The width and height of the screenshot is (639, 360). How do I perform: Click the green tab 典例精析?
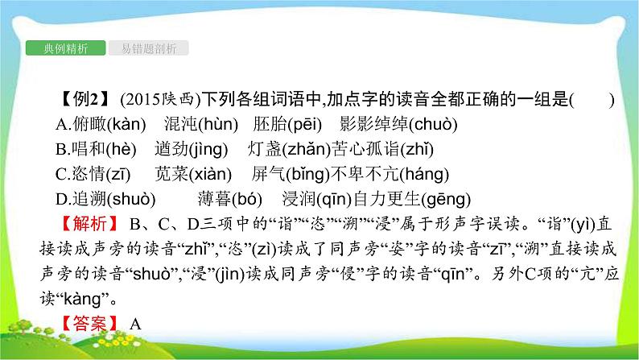(64, 48)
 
